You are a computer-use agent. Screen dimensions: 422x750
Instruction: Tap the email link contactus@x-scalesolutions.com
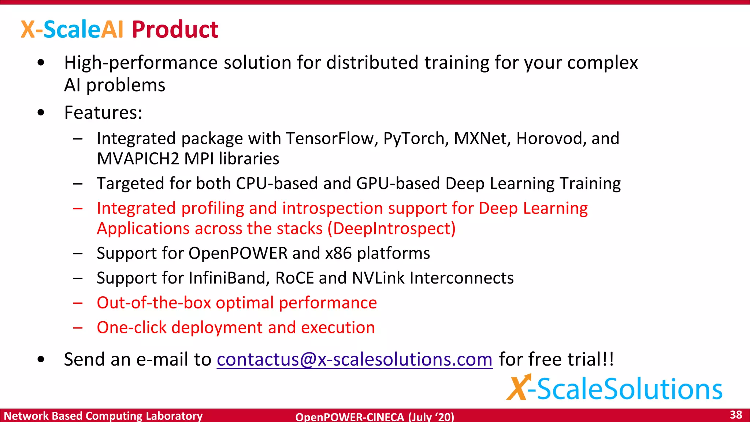click(354, 359)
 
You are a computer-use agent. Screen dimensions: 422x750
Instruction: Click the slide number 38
click(736, 415)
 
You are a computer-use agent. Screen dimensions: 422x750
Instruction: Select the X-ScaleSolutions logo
click(615, 388)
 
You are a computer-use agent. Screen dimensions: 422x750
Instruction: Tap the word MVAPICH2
click(138, 159)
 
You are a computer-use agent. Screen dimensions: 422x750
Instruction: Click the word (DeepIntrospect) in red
click(391, 229)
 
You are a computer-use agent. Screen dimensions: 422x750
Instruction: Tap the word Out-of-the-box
click(154, 303)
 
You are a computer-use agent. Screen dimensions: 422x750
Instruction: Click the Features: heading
click(103, 112)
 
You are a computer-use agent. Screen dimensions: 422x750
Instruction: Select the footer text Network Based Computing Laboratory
click(103, 416)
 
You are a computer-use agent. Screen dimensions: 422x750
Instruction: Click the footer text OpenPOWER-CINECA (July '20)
click(375, 417)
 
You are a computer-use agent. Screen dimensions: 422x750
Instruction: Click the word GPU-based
click(398, 183)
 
